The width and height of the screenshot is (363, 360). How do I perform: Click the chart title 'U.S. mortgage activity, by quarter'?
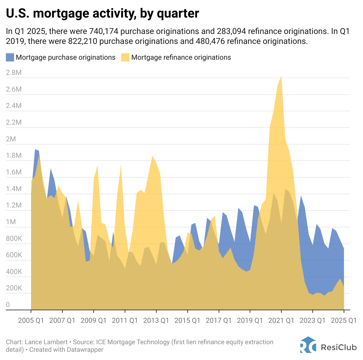[102, 13]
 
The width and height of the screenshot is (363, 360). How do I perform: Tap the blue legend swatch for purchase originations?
[10, 57]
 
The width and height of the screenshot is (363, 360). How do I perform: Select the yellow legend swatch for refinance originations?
[125, 57]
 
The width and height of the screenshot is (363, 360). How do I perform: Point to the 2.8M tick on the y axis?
[14, 73]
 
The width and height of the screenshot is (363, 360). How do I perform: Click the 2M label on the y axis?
[11, 139]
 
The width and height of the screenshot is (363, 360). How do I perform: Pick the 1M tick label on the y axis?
[11, 222]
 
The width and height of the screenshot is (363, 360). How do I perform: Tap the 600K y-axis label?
[14, 255]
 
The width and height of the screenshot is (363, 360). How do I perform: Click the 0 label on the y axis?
[8, 305]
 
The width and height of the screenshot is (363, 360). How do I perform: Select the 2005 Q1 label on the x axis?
[31, 320]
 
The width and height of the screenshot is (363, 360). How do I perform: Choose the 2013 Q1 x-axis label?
[156, 320]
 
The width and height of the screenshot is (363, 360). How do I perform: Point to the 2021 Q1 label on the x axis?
[281, 320]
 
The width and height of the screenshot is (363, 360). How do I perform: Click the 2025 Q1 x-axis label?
[344, 320]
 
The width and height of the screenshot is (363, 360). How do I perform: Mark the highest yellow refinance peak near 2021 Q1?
[281, 77]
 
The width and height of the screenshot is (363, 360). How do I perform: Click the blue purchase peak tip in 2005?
[35, 150]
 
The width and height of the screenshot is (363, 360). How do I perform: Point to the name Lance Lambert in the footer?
[46, 342]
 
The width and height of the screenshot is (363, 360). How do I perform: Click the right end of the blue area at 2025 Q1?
[343, 249]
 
